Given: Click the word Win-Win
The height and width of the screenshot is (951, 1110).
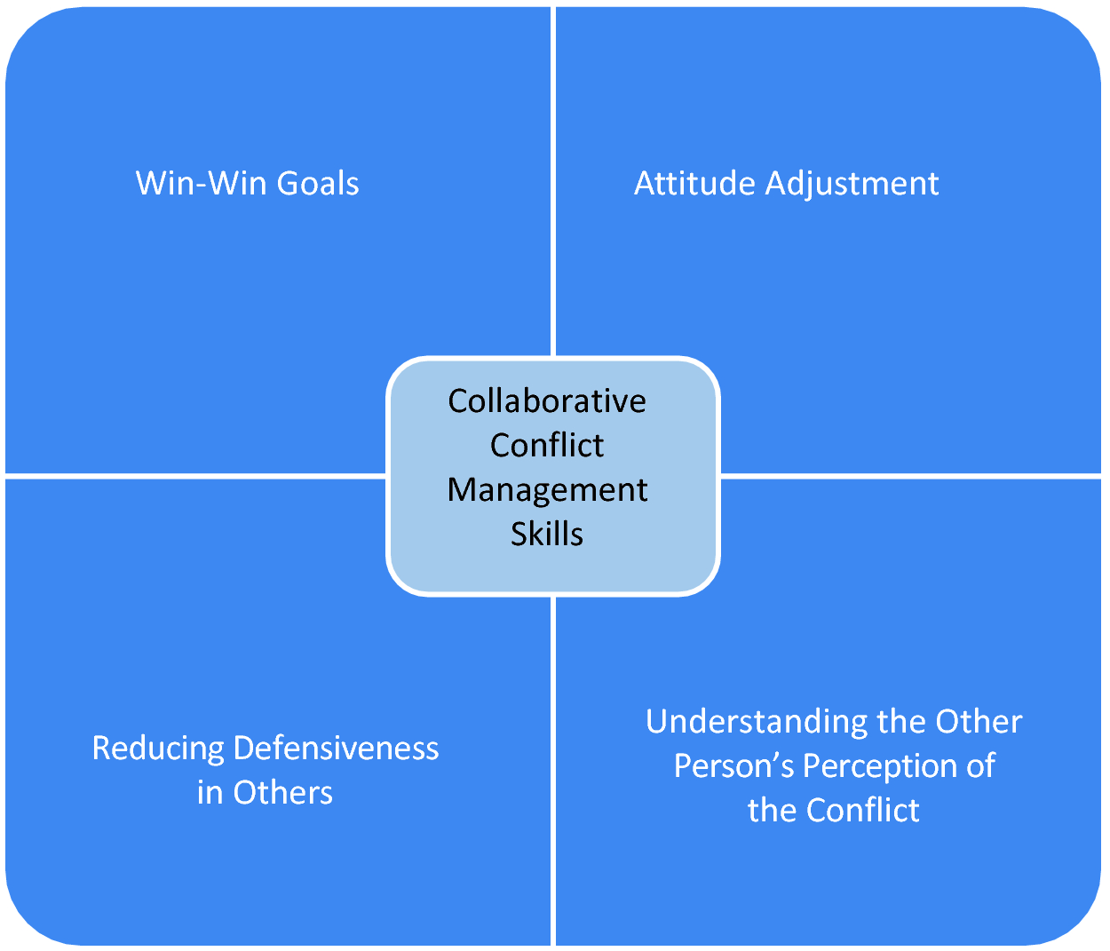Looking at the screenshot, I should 201,184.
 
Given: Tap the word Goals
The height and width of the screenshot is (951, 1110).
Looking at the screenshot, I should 318,184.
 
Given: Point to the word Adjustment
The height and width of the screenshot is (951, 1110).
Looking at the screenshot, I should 852,185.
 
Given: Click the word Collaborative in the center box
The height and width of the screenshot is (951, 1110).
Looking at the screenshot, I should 547,401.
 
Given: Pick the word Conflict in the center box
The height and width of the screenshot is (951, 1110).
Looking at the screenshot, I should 547,445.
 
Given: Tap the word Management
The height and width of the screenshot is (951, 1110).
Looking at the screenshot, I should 547,490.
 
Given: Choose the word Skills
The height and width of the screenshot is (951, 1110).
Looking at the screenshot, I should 547,534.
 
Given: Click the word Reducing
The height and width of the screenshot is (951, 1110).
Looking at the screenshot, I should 158,749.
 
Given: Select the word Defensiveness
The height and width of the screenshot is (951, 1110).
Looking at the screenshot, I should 336,749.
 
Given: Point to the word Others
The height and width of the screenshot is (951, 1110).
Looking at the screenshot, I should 282,792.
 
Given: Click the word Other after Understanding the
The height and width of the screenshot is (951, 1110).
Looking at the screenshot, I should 979,722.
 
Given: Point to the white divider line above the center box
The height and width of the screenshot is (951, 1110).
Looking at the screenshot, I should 553,178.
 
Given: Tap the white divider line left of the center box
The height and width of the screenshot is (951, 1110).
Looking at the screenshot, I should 195,475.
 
